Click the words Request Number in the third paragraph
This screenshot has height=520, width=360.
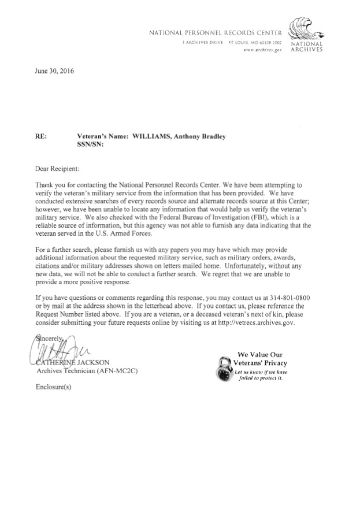pyautogui.click(x=64, y=315)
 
